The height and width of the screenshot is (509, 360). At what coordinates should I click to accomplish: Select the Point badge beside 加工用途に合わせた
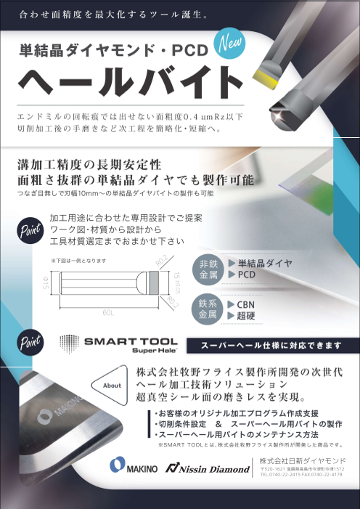[x=28, y=229]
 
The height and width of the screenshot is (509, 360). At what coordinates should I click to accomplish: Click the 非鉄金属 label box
[x=205, y=269]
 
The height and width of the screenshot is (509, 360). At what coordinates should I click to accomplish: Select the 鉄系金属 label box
[x=205, y=310]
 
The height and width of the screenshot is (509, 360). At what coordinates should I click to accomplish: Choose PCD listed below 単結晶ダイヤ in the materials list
[x=247, y=276]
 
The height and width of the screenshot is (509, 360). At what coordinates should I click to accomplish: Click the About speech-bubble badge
[x=112, y=386]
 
